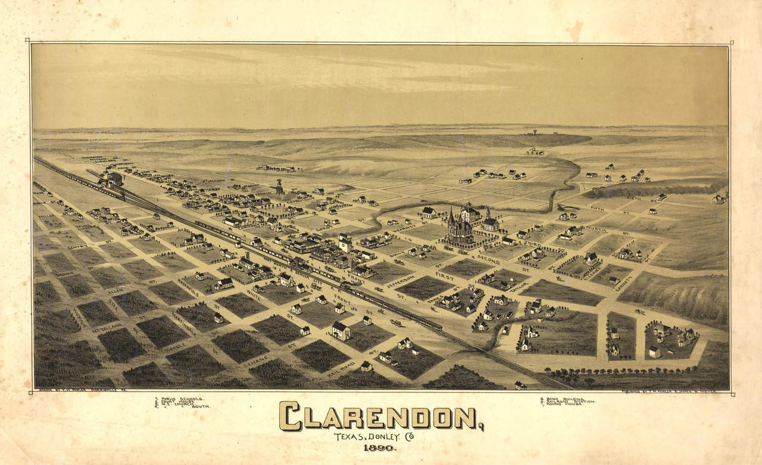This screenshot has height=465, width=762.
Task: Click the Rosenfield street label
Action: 188,287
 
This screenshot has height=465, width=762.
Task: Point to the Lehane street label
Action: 256,359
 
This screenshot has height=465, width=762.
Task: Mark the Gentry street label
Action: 77,246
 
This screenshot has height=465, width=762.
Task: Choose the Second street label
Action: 488,261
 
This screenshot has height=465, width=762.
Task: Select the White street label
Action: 254,294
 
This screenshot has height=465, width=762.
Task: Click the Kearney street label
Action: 404,227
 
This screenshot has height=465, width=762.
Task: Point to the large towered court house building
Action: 459,228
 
